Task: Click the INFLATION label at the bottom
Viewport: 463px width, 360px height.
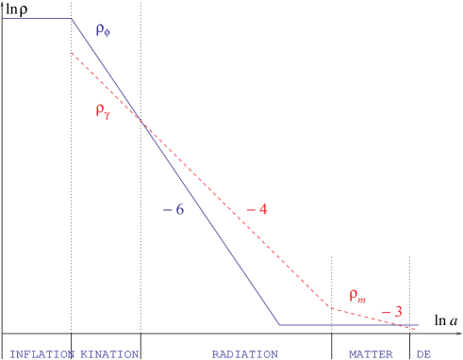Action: click(x=41, y=354)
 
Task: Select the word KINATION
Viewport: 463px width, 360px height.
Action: click(x=109, y=354)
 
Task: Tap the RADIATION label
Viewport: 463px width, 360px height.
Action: click(x=244, y=354)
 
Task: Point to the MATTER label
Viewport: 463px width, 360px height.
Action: click(x=371, y=354)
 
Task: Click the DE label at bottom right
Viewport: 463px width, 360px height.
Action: click(x=423, y=354)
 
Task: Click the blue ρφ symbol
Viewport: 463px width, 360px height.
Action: click(x=103, y=30)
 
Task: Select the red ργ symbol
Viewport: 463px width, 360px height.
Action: click(x=103, y=110)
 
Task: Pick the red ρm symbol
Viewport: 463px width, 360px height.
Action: click(x=357, y=295)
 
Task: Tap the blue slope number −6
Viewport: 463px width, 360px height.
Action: click(x=173, y=209)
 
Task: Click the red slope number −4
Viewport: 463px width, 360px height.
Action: click(x=256, y=209)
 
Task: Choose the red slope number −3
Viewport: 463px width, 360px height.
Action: click(x=391, y=312)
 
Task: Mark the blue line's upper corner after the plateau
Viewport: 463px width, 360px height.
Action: click(x=73, y=19)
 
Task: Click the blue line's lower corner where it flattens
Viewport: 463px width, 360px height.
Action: click(x=279, y=325)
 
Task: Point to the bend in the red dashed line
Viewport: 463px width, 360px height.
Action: click(x=329, y=307)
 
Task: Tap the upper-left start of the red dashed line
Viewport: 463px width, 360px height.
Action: click(x=72, y=53)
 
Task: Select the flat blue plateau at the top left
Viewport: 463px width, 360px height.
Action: click(x=38, y=19)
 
